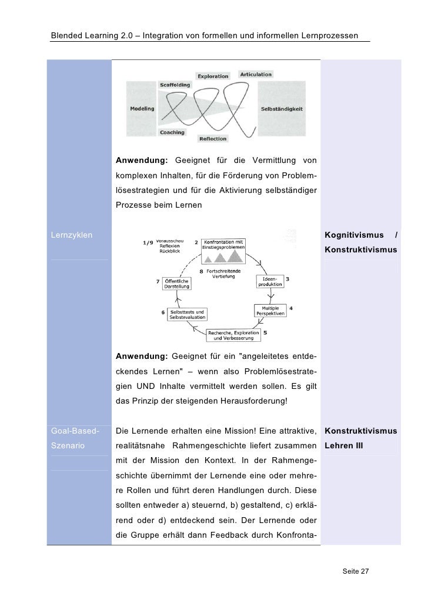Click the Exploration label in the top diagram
[213, 76]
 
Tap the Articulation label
[256, 75]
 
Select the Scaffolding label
[175, 85]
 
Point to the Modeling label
[142, 109]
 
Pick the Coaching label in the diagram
[172, 132]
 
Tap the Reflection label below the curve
[213, 139]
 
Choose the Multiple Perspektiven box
[270, 311]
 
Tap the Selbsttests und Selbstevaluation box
[188, 314]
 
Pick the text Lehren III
[344, 446]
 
